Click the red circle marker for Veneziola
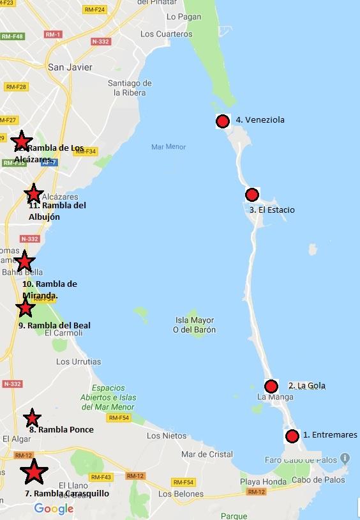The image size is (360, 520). [222, 121]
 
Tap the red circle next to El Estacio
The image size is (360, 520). [251, 195]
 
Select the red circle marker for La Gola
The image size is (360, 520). [271, 386]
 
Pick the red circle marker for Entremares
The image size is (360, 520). [292, 436]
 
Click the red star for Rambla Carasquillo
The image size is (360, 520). [33, 472]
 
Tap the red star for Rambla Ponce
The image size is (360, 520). [32, 418]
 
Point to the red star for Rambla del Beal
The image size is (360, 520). [25, 308]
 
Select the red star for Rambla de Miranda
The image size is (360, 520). [24, 261]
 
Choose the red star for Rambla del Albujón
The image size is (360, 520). [33, 194]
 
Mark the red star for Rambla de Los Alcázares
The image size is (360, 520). [22, 141]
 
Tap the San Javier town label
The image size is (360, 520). [70, 67]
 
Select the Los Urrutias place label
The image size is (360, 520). [79, 362]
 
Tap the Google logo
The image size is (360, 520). [54, 509]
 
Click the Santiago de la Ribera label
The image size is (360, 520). [130, 88]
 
